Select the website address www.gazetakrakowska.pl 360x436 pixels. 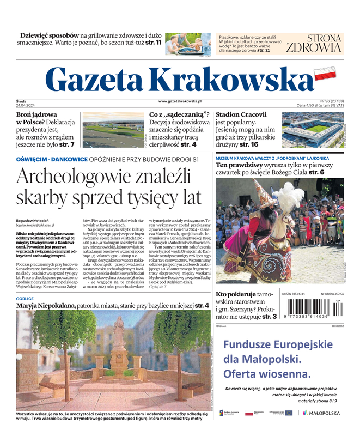180,101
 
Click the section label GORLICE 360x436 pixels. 25,299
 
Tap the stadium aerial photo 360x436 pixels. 312,130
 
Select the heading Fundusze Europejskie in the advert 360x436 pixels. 277,345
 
